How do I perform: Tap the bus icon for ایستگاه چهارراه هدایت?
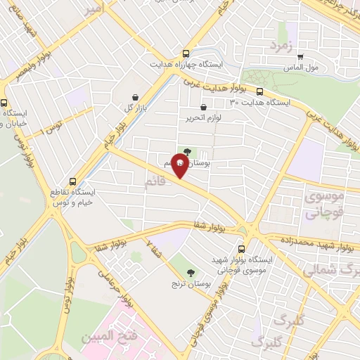point(186,53)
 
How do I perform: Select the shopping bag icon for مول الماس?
point(301,58)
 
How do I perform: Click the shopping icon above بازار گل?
point(135,98)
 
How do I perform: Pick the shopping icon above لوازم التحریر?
point(203,107)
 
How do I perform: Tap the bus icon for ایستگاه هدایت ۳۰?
point(260,91)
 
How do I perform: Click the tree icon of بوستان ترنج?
point(191,273)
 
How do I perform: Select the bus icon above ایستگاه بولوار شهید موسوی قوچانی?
point(242,248)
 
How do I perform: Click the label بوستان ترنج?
point(187,283)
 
